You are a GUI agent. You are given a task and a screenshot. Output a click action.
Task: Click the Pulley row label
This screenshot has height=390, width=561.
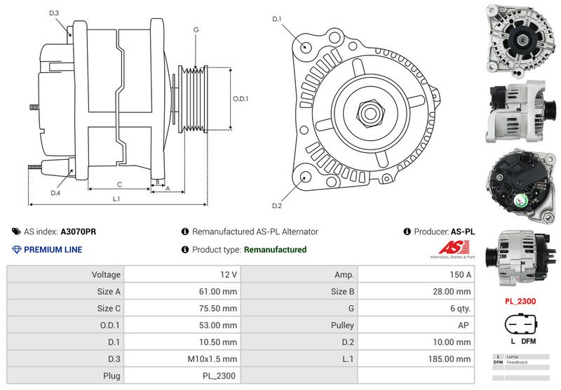click(x=342, y=325)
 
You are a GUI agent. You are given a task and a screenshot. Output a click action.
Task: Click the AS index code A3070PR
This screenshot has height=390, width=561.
click(x=78, y=231)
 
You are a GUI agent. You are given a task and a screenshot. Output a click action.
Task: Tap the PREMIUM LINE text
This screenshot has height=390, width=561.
click(x=53, y=250)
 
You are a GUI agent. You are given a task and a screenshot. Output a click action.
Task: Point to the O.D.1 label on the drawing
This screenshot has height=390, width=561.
click(x=241, y=99)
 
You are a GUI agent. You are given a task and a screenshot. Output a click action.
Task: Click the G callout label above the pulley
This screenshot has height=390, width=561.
click(x=196, y=30)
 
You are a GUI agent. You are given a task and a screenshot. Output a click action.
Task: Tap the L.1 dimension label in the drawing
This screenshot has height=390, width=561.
click(x=116, y=199)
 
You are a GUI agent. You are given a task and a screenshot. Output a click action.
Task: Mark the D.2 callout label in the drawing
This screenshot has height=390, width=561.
click(x=276, y=206)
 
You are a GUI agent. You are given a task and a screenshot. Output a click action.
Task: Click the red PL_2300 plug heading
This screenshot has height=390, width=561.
click(x=520, y=302)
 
